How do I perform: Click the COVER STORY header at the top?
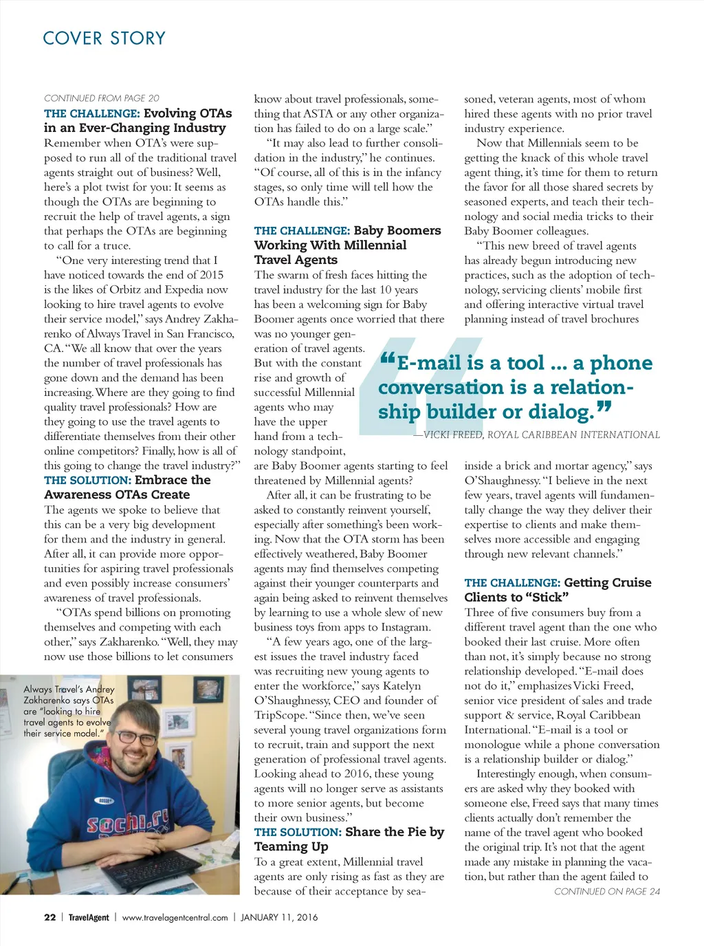[x=104, y=38]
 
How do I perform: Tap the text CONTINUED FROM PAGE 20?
[x=102, y=98]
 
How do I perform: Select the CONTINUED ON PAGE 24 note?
[x=606, y=892]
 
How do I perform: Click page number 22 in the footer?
[x=49, y=917]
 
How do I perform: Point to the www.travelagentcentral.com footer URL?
[x=175, y=917]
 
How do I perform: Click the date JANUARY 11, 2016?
[x=279, y=917]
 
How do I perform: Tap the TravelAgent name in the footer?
[x=89, y=917]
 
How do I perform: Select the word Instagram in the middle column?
[x=404, y=627]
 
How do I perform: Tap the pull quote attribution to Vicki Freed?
[x=536, y=434]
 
